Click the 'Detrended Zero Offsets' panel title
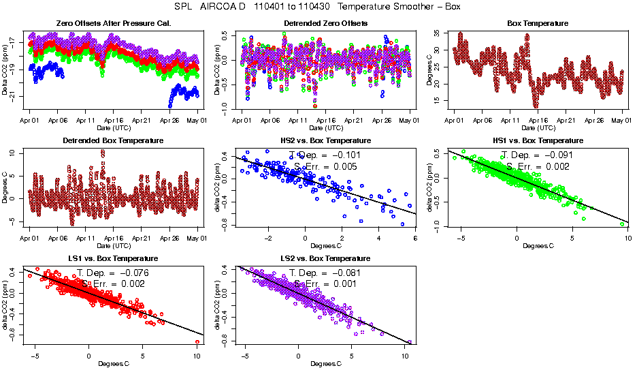(x=325, y=23)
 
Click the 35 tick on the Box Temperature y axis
(x=436, y=33)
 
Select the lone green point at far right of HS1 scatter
(x=623, y=224)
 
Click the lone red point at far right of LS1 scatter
(x=197, y=341)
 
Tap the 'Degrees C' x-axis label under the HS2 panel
(x=325, y=246)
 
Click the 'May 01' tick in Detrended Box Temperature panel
(x=197, y=238)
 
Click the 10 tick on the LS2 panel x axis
(x=406, y=356)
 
